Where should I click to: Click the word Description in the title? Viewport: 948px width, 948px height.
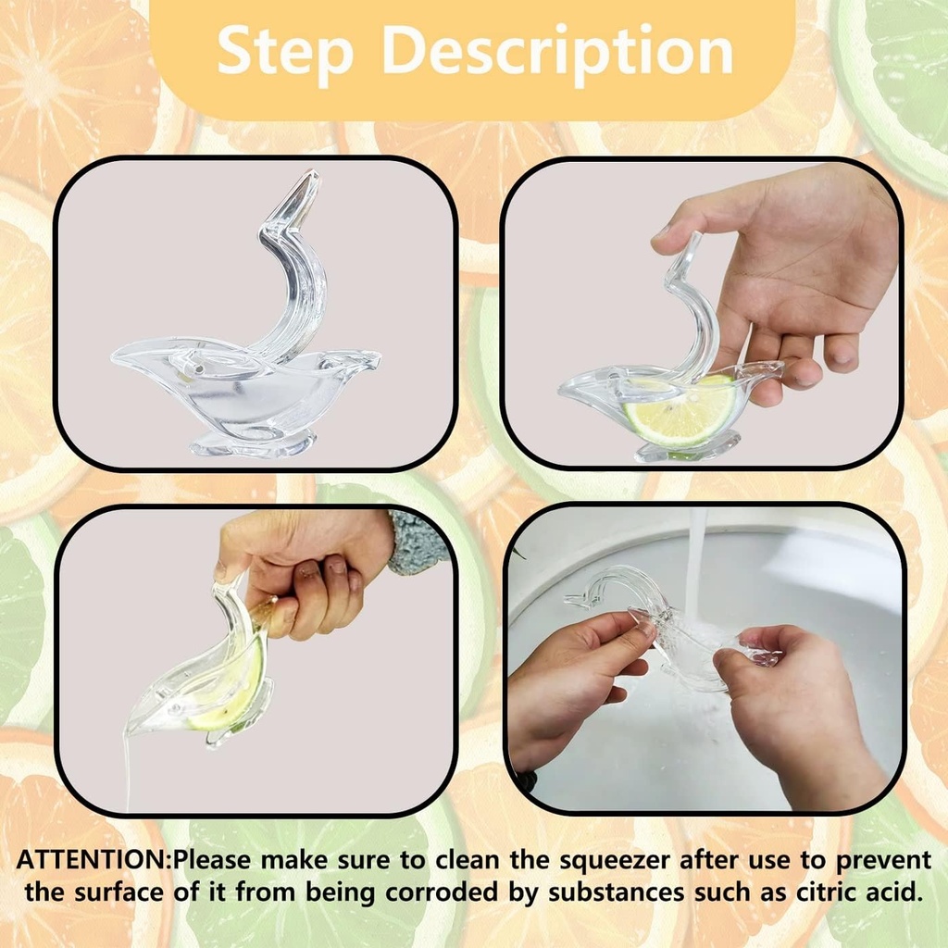coord(558,54)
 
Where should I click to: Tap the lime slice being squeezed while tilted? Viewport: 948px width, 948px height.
coord(231,685)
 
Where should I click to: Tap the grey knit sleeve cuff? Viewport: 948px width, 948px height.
coord(416,542)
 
